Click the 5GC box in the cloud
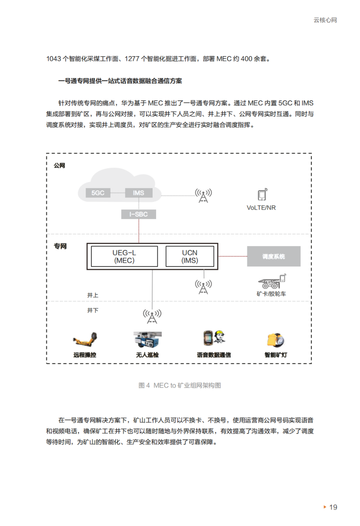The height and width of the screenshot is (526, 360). click(x=98, y=193)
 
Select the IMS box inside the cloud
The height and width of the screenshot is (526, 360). click(x=138, y=193)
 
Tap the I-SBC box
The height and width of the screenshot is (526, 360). click(x=138, y=214)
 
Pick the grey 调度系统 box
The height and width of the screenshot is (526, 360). click(x=273, y=257)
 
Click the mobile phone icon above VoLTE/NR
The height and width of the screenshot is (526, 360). click(x=262, y=195)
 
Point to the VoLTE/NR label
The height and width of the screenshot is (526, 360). click(x=261, y=208)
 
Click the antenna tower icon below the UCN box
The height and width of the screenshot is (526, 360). click(x=203, y=287)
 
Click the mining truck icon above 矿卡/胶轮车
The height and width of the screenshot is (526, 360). click(x=272, y=282)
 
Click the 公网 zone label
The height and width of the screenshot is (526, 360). click(x=60, y=165)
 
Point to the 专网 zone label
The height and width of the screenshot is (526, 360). click(x=60, y=247)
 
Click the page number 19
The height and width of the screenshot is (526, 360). click(x=333, y=507)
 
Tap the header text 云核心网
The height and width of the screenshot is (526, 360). click(x=325, y=20)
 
